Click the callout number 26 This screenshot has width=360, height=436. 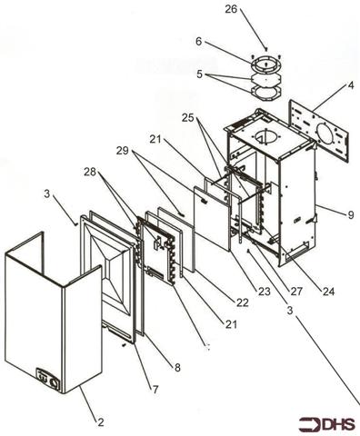click(x=230, y=10)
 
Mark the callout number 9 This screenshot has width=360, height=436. click(x=349, y=214)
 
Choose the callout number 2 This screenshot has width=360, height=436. click(x=101, y=422)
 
